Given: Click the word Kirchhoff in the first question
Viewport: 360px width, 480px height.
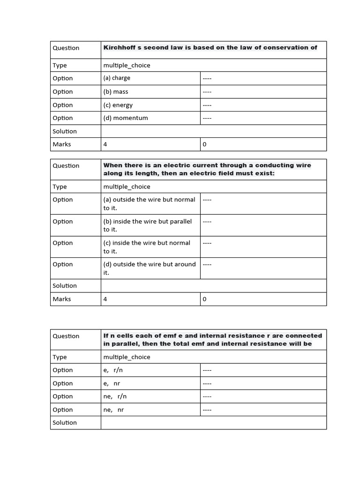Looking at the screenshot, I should pyautogui.click(x=119, y=47).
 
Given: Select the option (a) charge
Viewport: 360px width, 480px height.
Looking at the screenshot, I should pyautogui.click(x=117, y=78).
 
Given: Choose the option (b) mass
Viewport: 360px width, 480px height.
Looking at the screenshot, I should pyautogui.click(x=116, y=91).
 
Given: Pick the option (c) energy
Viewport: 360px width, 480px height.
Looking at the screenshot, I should pyautogui.click(x=118, y=105).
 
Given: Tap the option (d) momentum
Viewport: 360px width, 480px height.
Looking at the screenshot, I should pyautogui.click(x=126, y=118).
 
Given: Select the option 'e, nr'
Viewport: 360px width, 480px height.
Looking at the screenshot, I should pyautogui.click(x=112, y=383).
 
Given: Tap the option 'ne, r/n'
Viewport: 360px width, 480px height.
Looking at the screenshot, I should pyautogui.click(x=115, y=396).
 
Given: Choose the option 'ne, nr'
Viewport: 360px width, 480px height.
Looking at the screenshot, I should pyautogui.click(x=113, y=409).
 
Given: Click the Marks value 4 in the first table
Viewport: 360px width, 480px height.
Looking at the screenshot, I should pyautogui.click(x=105, y=144).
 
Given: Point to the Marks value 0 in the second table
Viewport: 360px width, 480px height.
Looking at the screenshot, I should pyautogui.click(x=204, y=299).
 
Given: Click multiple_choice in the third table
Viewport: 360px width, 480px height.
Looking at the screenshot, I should pyautogui.click(x=127, y=357).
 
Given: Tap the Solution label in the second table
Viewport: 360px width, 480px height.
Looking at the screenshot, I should pyautogui.click(x=65, y=285).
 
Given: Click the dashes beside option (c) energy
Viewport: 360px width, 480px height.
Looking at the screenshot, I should pyautogui.click(x=207, y=105).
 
